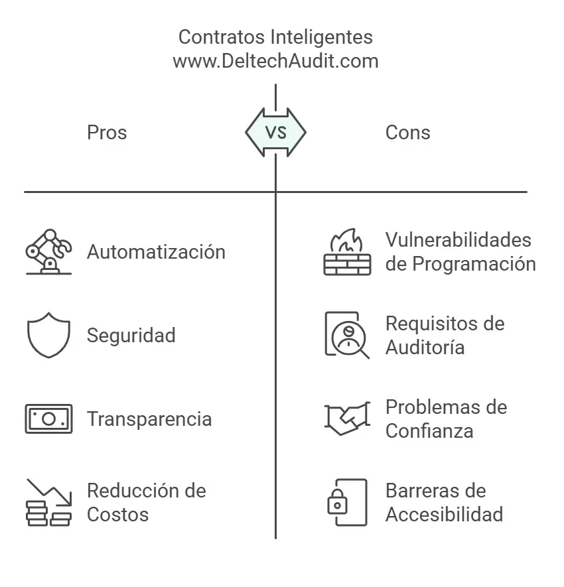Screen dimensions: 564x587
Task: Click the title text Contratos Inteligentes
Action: [275, 37]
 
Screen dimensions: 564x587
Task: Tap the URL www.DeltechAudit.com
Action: [275, 61]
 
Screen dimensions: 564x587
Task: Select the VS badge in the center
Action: [275, 132]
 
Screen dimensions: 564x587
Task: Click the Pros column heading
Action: [107, 133]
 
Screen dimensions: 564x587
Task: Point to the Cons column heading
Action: [408, 133]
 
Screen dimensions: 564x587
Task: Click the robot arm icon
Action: [48, 251]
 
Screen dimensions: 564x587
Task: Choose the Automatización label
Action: [156, 251]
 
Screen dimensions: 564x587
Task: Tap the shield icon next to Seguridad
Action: [48, 335]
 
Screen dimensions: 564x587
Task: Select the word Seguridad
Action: [131, 336]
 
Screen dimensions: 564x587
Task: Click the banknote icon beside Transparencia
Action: [48, 419]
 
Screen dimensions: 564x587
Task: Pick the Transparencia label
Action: [149, 419]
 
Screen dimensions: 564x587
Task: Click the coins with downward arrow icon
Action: [48, 502]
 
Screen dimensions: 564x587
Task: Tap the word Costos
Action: [118, 515]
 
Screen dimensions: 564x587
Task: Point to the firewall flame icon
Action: [347, 251]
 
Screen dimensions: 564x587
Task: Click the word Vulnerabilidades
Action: [458, 240]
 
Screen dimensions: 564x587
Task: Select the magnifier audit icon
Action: [347, 335]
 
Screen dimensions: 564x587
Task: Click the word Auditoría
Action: [425, 347]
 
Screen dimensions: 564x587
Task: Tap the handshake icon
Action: [347, 419]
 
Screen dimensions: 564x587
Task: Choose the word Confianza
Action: [429, 431]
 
